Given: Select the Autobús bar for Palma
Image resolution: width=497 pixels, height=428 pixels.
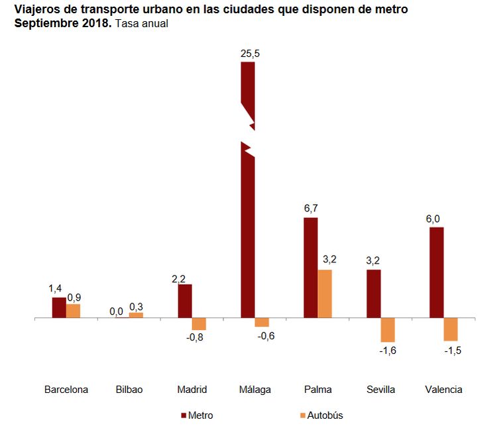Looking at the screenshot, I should pyautogui.click(x=325, y=294).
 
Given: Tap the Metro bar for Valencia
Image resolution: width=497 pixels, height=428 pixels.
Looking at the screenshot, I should pyautogui.click(x=437, y=272).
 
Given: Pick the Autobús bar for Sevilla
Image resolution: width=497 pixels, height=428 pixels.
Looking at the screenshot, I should pyautogui.click(x=388, y=330).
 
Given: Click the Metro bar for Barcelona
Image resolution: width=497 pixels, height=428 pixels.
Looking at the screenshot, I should pyautogui.click(x=59, y=308).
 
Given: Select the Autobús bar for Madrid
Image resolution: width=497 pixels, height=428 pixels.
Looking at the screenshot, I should pyautogui.click(x=199, y=324).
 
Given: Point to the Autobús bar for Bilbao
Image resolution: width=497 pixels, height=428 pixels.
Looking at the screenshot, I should pyautogui.click(x=136, y=315).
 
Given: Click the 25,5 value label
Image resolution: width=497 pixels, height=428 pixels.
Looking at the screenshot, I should pyautogui.click(x=250, y=54).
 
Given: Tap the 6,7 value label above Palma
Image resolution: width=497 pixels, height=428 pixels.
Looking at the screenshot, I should pyautogui.click(x=311, y=209).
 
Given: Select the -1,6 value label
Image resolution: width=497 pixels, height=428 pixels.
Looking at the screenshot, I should pyautogui.click(x=388, y=350).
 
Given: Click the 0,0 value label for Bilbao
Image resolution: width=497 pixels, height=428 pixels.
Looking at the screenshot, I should pyautogui.click(x=116, y=310).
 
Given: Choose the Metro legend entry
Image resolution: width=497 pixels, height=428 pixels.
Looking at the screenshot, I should pyautogui.click(x=197, y=415).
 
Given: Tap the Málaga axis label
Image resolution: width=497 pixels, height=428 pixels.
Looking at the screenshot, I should pyautogui.click(x=254, y=390).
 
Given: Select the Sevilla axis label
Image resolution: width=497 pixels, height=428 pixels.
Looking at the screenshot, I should pyautogui.click(x=380, y=390).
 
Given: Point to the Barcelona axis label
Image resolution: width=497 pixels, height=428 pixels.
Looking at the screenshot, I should pyautogui.click(x=66, y=390).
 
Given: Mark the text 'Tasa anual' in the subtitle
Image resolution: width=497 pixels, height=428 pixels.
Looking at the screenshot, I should pyautogui.click(x=141, y=23).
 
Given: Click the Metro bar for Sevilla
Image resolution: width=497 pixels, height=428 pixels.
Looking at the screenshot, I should pyautogui.click(x=374, y=294).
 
